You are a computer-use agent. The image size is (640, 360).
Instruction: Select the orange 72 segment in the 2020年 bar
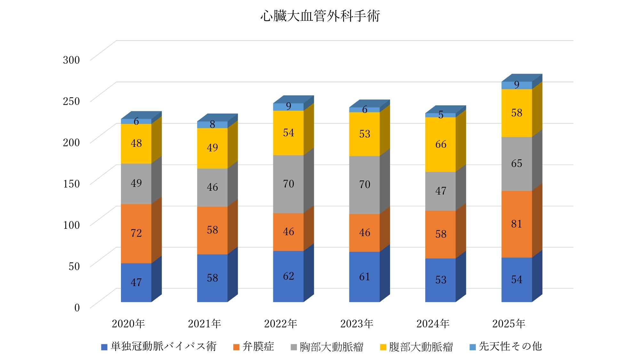point(136,233)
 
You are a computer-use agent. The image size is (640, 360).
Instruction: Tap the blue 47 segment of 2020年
point(136,282)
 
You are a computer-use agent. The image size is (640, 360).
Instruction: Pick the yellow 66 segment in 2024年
point(440,144)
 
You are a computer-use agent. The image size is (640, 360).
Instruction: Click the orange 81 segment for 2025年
point(516,224)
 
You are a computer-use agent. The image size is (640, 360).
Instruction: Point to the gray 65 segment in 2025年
point(516,164)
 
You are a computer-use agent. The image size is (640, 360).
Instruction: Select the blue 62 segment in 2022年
point(288,276)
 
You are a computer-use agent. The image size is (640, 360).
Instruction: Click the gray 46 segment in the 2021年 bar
point(212,187)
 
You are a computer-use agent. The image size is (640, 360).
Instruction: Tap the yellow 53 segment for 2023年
point(364,134)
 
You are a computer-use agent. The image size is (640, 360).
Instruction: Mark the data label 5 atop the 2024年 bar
point(441,115)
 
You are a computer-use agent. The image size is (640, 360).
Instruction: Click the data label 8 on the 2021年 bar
point(212,124)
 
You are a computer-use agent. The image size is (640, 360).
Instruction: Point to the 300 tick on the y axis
point(71,60)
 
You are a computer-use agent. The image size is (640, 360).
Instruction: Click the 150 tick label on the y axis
point(71,184)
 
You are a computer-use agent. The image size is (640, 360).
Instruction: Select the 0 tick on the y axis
point(77,308)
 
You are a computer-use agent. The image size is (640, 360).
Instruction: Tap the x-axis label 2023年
point(356,324)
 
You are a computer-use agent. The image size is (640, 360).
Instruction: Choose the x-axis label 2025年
point(508,324)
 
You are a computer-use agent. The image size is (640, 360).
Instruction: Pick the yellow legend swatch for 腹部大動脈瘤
point(383,347)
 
